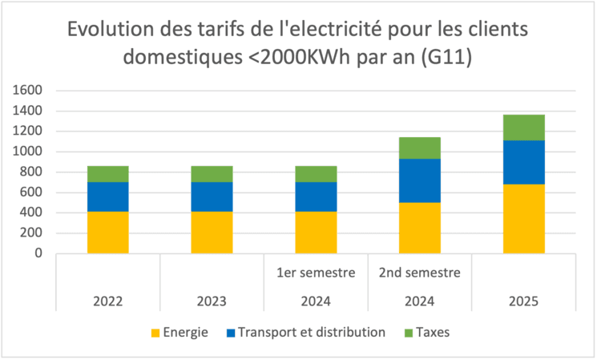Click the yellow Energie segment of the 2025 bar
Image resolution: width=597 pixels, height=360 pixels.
[x=524, y=218]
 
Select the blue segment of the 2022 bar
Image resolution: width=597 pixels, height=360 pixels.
[x=108, y=196]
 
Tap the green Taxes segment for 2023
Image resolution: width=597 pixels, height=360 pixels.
[x=212, y=174]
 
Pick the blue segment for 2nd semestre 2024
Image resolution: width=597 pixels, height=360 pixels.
[x=420, y=180]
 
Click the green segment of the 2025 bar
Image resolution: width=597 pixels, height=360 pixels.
[x=524, y=127]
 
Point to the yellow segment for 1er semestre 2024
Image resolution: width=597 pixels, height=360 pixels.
[x=316, y=232]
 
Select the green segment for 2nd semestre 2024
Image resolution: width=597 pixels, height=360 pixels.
[x=420, y=148]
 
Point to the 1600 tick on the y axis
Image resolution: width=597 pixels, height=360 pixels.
[x=28, y=91]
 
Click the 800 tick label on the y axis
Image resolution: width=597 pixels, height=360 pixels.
[x=31, y=172]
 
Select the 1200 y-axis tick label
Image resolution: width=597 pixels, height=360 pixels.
[x=28, y=131]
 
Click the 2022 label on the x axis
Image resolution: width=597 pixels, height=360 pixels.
[x=108, y=301]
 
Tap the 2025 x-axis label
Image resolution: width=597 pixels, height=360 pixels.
[x=524, y=301]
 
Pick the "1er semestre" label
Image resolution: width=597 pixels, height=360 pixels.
[x=316, y=273]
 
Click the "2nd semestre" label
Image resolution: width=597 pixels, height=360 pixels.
[x=420, y=273]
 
